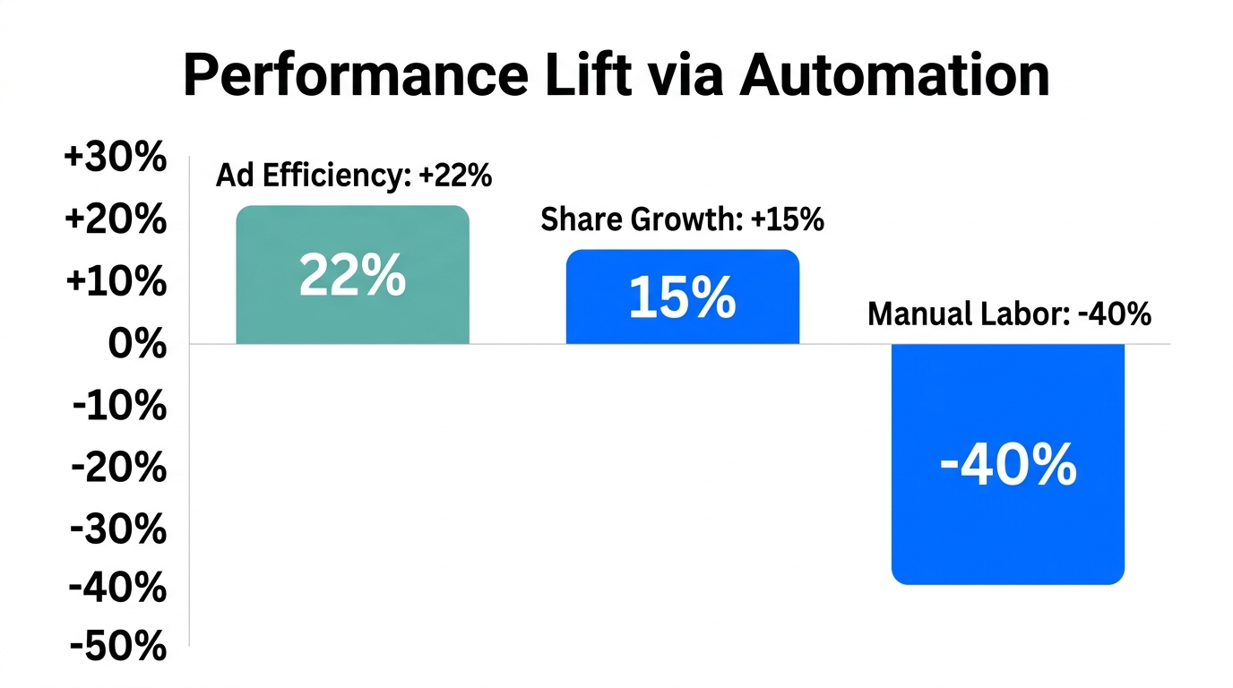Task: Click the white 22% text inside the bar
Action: (x=352, y=276)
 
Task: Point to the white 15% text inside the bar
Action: (x=682, y=298)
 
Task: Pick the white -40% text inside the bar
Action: (x=1007, y=466)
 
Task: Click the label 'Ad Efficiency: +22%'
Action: (x=354, y=176)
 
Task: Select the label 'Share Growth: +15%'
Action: (x=682, y=219)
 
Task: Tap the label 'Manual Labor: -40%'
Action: (x=1009, y=314)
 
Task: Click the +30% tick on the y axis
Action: (x=115, y=159)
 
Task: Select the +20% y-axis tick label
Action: (x=115, y=219)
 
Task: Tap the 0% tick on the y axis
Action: (x=134, y=344)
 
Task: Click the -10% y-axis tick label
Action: (x=118, y=407)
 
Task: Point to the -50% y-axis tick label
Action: (x=118, y=647)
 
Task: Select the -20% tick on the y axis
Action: (x=118, y=469)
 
